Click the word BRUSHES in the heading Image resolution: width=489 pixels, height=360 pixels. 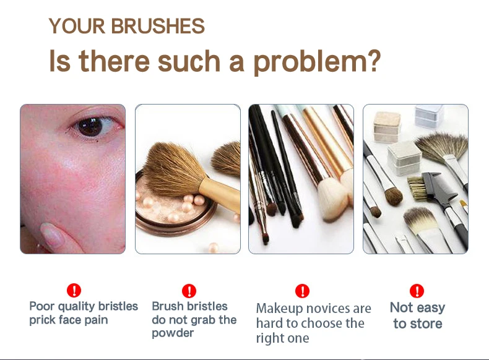pyautogui.click(x=158, y=26)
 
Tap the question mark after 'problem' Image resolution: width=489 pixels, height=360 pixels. pyautogui.click(x=373, y=60)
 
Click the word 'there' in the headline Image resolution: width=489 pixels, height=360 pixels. pyautogui.click(x=114, y=61)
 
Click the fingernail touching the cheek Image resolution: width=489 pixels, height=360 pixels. pyautogui.click(x=52, y=234)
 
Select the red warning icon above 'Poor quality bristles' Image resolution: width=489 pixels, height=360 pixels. pyautogui.click(x=74, y=291)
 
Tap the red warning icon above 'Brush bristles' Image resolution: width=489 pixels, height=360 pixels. pyautogui.click(x=189, y=291)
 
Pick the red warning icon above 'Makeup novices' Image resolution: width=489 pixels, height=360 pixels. pyautogui.click(x=302, y=291)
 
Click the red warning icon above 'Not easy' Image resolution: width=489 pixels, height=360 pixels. pyautogui.click(x=417, y=291)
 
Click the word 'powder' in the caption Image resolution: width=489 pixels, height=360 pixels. pyautogui.click(x=173, y=333)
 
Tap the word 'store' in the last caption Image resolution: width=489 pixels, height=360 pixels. pyautogui.click(x=426, y=324)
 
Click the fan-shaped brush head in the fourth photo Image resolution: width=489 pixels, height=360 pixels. pyautogui.click(x=442, y=146)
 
